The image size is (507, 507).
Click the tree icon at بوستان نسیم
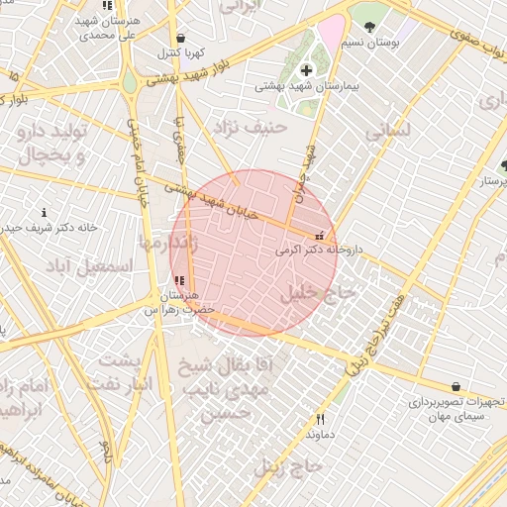coord(369,27)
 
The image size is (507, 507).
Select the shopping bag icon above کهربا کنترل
coord(179,39)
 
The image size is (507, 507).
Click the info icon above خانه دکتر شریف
coord(44,212)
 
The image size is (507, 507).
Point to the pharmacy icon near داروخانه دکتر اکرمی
coord(319,236)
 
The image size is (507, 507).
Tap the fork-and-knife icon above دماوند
coord(319,420)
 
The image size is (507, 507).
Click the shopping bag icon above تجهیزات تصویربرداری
coord(456,386)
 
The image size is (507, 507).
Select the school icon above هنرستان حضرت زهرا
coord(178,280)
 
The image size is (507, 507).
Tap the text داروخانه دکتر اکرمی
coord(318,252)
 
